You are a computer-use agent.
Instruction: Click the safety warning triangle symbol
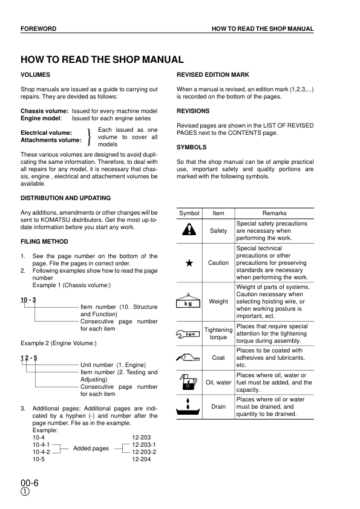[x=189, y=230]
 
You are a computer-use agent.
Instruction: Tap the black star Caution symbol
[x=189, y=263]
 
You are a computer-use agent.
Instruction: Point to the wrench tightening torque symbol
[x=189, y=333]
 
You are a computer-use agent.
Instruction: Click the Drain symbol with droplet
[x=189, y=406]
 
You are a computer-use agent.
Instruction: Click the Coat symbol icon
[x=189, y=357]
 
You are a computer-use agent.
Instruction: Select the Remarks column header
[x=274, y=213]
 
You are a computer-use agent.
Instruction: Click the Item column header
[x=218, y=213]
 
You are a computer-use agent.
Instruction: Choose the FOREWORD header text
[x=38, y=29]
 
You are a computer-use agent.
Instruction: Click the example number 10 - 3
[x=28, y=300]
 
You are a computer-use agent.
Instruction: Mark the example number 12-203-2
[x=144, y=452]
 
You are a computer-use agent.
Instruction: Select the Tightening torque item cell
[x=218, y=333]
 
